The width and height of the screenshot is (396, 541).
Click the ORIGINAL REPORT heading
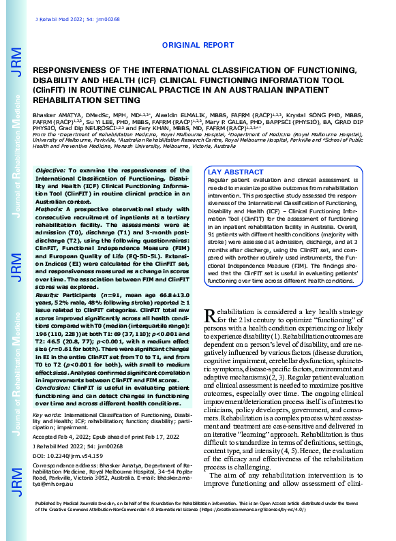pos(198,45)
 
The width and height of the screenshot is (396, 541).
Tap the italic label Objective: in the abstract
pos(51,169)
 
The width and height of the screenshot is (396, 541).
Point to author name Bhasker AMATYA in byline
pos(56,117)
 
